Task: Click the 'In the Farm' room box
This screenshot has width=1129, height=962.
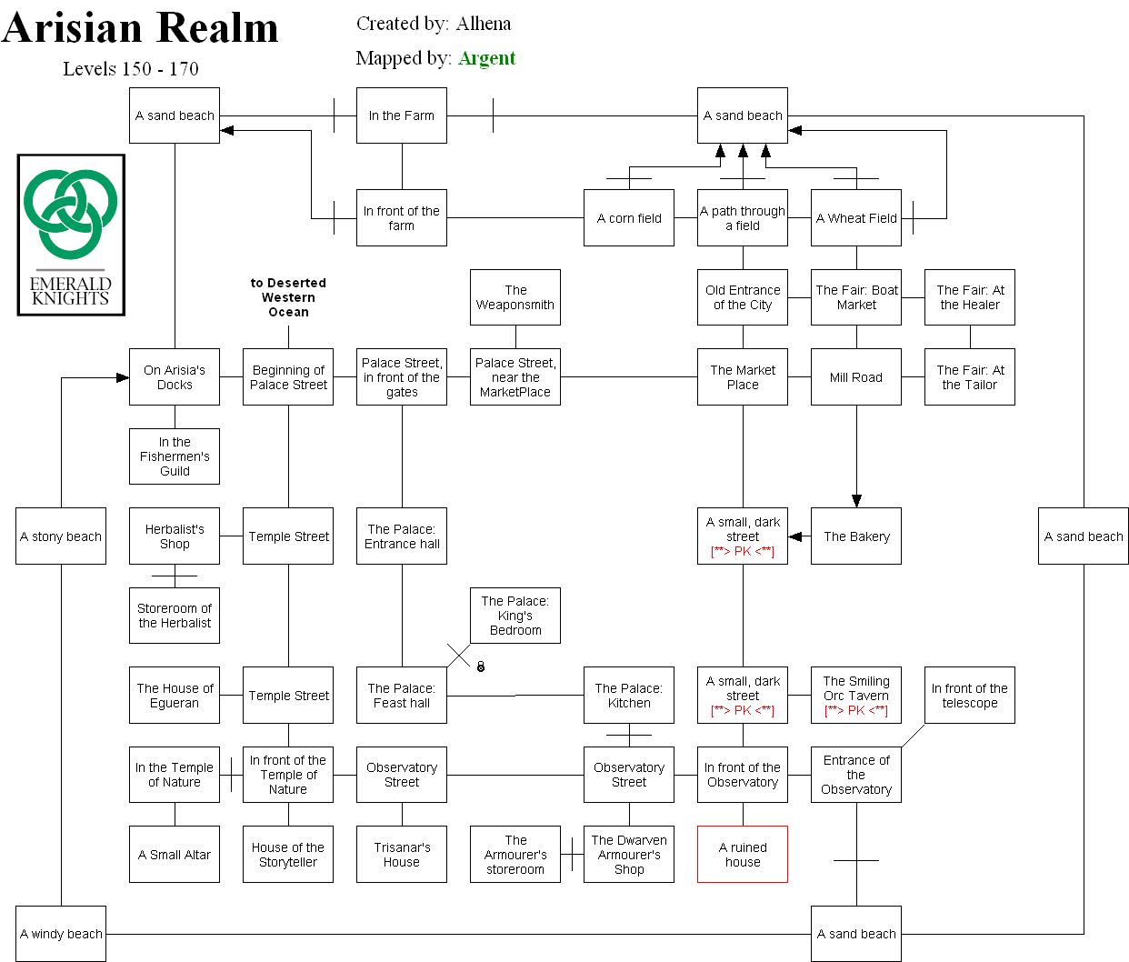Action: coord(401,115)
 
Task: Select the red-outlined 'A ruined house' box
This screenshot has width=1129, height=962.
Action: coord(742,855)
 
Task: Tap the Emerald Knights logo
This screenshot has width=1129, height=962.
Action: coord(71,235)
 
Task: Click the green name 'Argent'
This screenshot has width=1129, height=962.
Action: coord(486,58)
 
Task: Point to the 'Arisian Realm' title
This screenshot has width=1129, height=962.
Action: coord(140,27)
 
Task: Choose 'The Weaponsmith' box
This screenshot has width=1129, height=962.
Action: coord(515,297)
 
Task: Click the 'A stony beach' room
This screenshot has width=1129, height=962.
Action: coord(61,536)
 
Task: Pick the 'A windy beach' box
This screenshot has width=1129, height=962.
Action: coord(61,934)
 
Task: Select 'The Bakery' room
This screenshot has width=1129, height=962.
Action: coord(855,536)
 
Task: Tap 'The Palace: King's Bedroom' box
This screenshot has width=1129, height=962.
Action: coord(515,616)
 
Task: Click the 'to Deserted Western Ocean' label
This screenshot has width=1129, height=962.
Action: coord(288,297)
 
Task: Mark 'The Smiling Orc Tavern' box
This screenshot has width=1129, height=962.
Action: coord(855,696)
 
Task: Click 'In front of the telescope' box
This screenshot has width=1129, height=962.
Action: coord(969,696)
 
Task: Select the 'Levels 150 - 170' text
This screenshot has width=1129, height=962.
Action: coord(131,69)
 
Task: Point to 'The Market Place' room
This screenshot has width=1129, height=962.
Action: coord(742,377)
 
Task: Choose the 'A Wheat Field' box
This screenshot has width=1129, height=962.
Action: coord(855,218)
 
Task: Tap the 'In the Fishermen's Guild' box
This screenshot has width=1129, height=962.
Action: coord(175,456)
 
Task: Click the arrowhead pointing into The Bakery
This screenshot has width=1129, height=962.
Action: coord(855,500)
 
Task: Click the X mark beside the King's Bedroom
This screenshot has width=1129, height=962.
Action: coord(458,656)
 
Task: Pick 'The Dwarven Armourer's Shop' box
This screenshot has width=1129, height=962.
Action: coord(628,855)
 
